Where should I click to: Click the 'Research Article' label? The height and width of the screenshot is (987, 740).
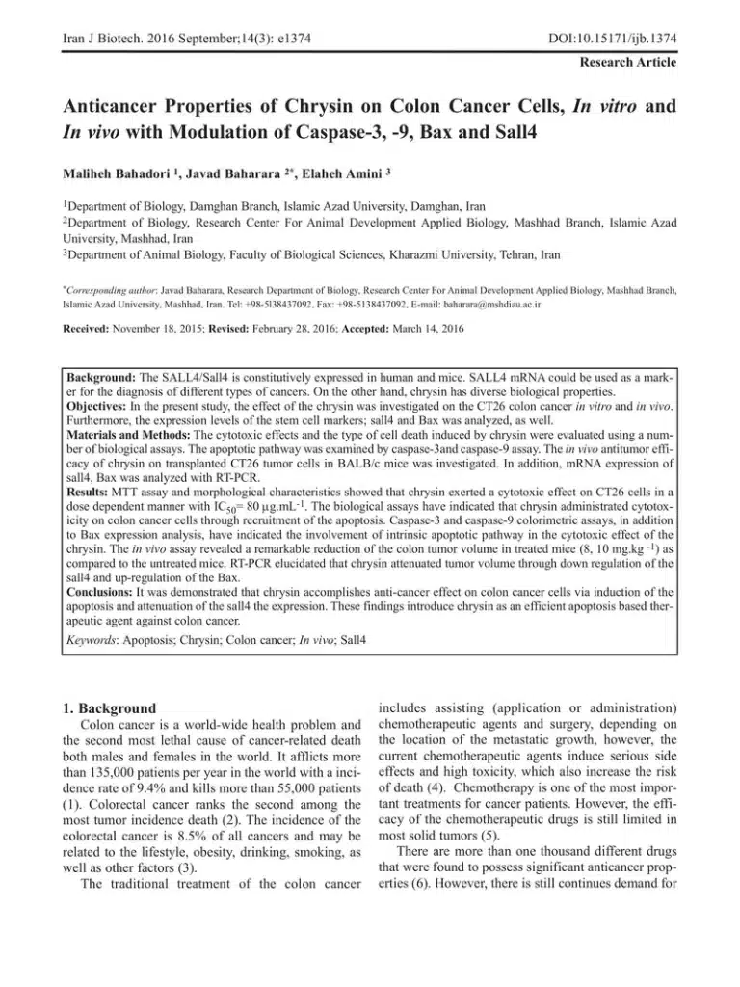627,62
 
